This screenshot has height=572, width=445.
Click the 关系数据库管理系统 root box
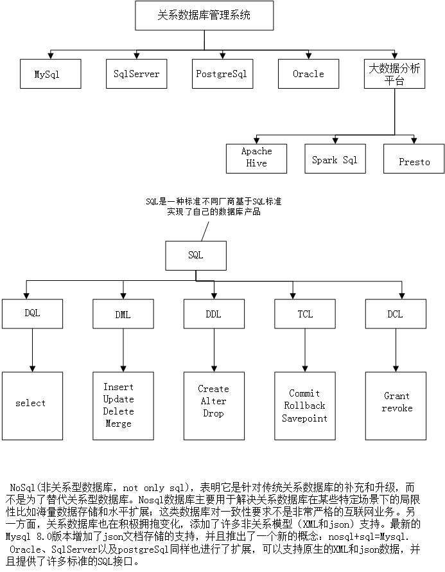204,15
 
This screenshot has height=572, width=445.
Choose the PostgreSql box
222,74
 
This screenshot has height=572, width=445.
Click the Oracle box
308,74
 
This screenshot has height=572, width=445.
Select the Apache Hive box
256,157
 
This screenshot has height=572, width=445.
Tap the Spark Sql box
335,159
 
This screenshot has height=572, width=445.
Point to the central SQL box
196,255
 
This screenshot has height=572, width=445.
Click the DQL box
32,314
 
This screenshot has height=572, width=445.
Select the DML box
123,314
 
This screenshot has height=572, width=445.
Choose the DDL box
213,314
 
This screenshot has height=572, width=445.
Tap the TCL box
305,314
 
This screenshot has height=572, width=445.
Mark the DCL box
395,314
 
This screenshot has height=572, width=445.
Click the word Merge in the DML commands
118,424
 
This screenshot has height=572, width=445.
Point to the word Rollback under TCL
304,406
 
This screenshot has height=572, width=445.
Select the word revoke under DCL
397,409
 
